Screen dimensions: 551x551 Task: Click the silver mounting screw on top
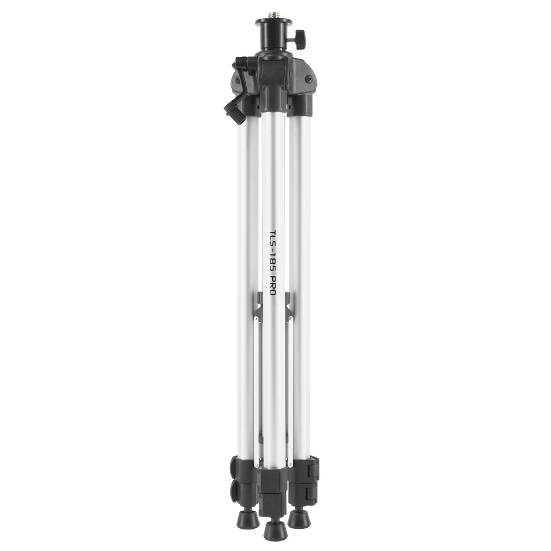pyautogui.click(x=274, y=14)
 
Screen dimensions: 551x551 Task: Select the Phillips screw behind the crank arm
pyautogui.click(x=238, y=80)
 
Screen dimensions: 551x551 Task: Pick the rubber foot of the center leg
pyautogui.click(x=274, y=530)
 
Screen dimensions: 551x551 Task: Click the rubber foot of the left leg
pyautogui.click(x=247, y=518)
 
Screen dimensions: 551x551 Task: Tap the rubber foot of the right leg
pyautogui.click(x=299, y=518)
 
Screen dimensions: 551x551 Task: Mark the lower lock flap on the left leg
pyautogui.click(x=236, y=491)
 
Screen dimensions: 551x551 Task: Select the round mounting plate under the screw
pyautogui.click(x=274, y=23)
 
